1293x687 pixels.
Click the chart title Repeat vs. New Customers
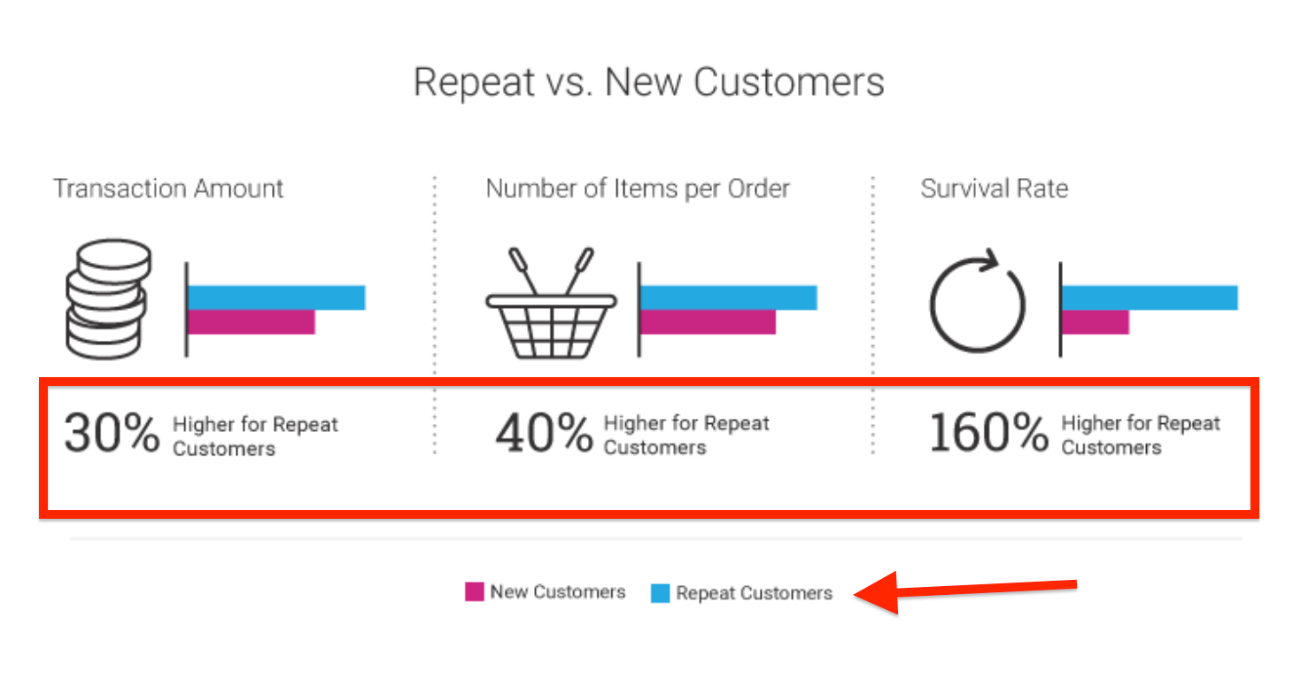click(x=649, y=83)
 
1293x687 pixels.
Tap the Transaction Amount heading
click(x=168, y=189)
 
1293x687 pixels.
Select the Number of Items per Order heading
click(x=638, y=189)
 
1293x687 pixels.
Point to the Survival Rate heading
click(x=994, y=189)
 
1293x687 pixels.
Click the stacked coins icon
click(x=108, y=299)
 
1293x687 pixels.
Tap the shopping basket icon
click(x=551, y=304)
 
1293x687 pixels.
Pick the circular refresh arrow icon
click(x=978, y=301)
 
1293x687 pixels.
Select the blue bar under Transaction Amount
click(x=276, y=297)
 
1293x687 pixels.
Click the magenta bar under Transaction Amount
click(x=252, y=322)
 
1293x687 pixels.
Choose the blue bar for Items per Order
click(x=729, y=297)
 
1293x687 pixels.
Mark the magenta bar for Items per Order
click(x=708, y=322)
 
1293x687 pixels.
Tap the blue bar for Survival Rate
click(x=1150, y=297)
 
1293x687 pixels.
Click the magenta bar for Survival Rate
click(x=1096, y=322)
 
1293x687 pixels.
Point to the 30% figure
click(x=112, y=433)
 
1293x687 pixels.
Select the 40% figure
click(x=544, y=433)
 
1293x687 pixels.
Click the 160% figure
click(x=989, y=433)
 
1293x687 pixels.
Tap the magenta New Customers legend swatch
click(x=475, y=591)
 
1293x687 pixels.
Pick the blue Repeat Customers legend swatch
click(x=661, y=593)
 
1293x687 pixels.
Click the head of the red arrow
click(x=856, y=595)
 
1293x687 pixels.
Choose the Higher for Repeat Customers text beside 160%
click(x=1141, y=435)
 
